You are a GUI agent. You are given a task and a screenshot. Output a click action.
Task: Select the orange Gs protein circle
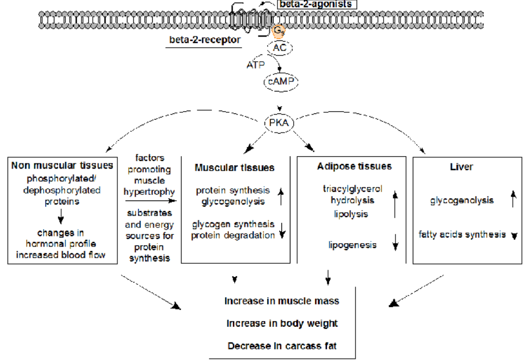(x=279, y=30)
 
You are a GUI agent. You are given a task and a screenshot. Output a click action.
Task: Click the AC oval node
(x=280, y=48)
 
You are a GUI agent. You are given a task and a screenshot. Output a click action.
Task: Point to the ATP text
(x=255, y=65)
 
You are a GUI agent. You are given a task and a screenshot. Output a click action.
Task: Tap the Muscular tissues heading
(x=235, y=168)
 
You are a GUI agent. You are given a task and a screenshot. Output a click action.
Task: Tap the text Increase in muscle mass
(x=282, y=301)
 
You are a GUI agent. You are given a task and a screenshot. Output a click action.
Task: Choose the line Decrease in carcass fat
(x=282, y=345)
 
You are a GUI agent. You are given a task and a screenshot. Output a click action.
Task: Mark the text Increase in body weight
(x=282, y=323)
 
